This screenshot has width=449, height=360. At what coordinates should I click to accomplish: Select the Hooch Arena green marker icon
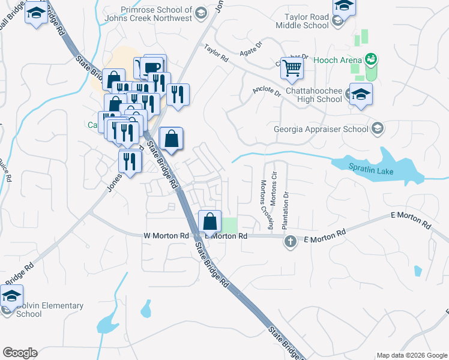[372, 59]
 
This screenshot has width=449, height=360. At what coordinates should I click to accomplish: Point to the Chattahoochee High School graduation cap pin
[361, 95]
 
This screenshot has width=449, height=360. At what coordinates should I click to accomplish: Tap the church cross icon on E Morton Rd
[291, 241]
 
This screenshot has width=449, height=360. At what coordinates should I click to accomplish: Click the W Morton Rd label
[166, 236]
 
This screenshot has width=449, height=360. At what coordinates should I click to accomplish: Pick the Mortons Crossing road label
[265, 204]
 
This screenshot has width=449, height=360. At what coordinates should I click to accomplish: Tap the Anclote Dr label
[267, 92]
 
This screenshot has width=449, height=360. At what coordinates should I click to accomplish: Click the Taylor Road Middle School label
[303, 22]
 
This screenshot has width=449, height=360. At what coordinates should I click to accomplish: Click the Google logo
[20, 353]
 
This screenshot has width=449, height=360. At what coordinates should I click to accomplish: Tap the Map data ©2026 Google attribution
[412, 355]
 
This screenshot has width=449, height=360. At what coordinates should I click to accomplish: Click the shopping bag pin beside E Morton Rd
[209, 222]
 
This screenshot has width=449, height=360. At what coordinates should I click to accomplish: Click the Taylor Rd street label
[216, 54]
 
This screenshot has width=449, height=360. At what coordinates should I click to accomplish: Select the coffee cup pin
[153, 67]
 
